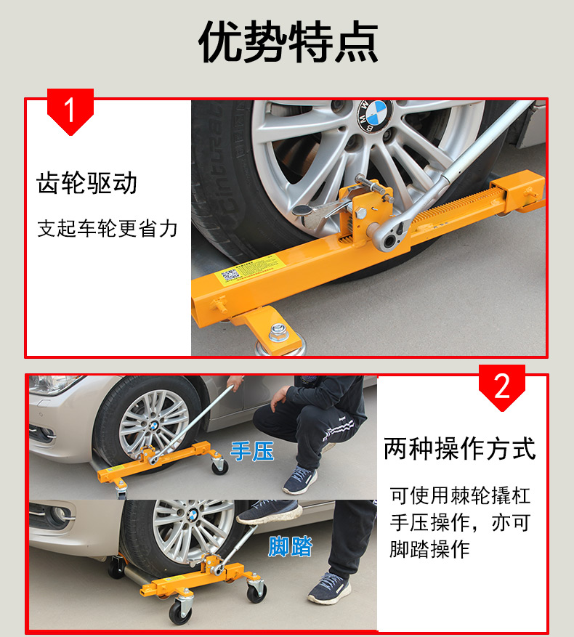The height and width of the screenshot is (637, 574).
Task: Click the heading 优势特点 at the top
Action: point(288,42)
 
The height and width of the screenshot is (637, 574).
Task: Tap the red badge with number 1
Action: point(70,110)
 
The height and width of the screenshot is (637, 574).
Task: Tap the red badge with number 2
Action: point(501,386)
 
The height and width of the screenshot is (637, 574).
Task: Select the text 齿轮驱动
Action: point(86,183)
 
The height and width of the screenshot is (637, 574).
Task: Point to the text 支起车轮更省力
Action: point(108,228)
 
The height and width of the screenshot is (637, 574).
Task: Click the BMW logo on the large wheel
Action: point(374,115)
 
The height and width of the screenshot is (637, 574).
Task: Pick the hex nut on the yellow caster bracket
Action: point(279,331)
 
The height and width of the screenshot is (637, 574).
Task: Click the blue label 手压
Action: point(252,451)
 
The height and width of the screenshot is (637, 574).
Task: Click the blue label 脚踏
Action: point(290,546)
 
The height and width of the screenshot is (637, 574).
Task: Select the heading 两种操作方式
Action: point(460,449)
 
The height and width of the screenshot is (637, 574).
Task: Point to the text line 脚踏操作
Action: point(430,549)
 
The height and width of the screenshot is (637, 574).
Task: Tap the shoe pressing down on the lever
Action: point(269,511)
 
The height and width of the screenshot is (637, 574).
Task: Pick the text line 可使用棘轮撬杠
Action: point(460,495)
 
